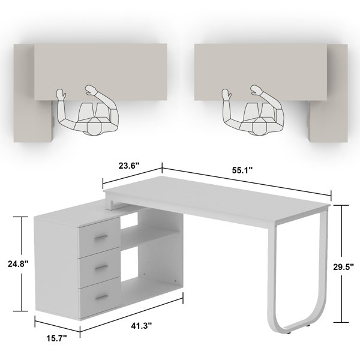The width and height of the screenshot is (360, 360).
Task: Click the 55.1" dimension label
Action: (242, 170)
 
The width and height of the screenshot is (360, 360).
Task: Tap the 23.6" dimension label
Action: (129, 166)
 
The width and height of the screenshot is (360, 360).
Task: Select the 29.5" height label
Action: (343, 266)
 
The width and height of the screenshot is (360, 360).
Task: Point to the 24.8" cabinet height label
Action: (18, 264)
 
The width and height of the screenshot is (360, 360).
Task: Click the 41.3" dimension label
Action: (142, 326)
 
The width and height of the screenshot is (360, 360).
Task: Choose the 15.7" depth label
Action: (57, 338)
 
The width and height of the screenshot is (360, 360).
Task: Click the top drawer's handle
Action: (101, 237)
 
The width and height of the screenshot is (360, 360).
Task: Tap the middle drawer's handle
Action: (101, 267)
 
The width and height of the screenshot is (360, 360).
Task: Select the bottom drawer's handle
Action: (102, 298)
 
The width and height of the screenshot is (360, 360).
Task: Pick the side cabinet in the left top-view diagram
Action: (32, 93)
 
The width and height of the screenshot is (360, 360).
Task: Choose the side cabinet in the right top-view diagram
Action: (328, 93)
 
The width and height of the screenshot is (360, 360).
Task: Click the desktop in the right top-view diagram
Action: (261, 72)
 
